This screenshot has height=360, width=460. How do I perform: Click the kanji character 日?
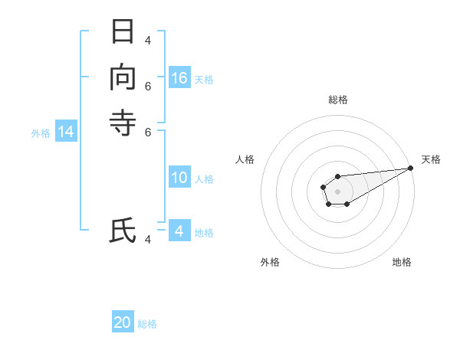[123, 32]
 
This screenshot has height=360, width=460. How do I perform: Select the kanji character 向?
[123, 78]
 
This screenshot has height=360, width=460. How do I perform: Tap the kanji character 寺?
[123, 123]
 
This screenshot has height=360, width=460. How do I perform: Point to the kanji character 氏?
[123, 231]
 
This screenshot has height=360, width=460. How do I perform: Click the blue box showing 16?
[179, 78]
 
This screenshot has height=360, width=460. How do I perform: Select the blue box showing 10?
[179, 178]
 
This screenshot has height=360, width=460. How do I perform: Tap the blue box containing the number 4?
[179, 231]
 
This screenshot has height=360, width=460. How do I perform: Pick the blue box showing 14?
[66, 133]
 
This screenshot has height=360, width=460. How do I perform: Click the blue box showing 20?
[123, 322]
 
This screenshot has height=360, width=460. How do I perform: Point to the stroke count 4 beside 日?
[148, 41]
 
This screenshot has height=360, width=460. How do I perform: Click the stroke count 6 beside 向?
[148, 87]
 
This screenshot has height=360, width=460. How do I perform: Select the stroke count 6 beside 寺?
[148, 132]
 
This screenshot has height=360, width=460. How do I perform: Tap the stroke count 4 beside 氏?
[148, 240]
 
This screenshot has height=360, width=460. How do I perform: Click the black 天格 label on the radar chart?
[431, 159]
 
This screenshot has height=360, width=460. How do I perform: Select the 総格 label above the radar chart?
[337, 100]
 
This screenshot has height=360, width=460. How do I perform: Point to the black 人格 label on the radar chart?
[245, 159]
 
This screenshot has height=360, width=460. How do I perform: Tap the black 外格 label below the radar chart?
[270, 262]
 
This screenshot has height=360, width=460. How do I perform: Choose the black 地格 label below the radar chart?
[402, 262]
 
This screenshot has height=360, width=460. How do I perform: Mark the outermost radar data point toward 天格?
[411, 168]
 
